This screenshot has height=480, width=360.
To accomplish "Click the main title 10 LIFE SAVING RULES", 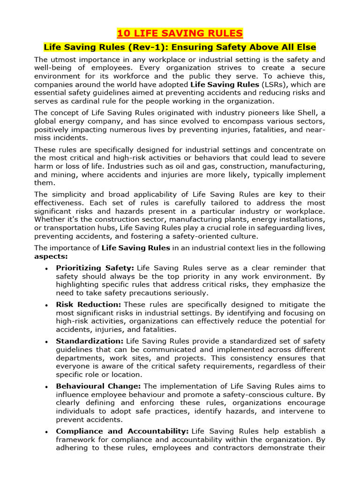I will click(180, 33).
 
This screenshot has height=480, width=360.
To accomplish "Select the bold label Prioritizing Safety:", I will click(95, 268).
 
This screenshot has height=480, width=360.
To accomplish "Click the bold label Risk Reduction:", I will click(89, 304).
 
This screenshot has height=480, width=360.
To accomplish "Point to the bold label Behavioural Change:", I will click(98, 386).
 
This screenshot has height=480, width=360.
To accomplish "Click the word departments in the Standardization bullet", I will click(79, 358).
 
